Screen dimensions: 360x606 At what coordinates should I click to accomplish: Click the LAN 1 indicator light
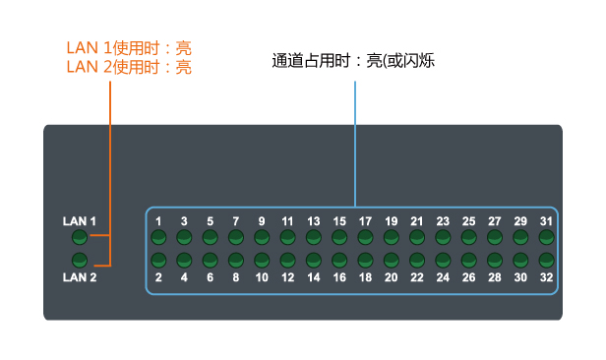tap(80, 238)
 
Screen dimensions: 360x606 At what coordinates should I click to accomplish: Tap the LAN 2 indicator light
tap(80, 261)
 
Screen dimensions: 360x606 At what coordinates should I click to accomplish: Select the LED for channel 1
tap(157, 238)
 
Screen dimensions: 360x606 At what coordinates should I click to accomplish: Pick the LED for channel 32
tap(547, 261)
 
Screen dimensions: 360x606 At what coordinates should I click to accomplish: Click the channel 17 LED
tap(365, 238)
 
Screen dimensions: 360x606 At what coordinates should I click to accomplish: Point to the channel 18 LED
tap(365, 261)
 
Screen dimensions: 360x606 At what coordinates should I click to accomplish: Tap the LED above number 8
tap(235, 261)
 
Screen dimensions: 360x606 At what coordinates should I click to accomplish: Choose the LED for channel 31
tap(547, 238)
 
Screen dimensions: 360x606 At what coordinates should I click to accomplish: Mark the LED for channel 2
tap(157, 261)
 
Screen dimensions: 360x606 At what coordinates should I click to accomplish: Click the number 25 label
tap(469, 221)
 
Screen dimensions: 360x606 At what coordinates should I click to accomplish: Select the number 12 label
tap(287, 278)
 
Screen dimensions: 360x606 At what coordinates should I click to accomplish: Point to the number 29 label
tap(521, 221)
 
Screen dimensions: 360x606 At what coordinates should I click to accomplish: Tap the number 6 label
tap(210, 278)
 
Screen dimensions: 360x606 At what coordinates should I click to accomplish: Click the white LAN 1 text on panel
tap(79, 221)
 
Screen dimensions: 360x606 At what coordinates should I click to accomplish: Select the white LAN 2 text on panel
tap(79, 278)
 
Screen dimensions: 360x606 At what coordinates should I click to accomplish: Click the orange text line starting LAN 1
tap(129, 47)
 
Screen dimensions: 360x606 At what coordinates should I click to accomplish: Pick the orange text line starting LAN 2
tap(129, 67)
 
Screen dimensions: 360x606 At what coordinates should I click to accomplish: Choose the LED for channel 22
tap(417, 261)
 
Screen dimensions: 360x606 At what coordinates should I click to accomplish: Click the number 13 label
tap(313, 221)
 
